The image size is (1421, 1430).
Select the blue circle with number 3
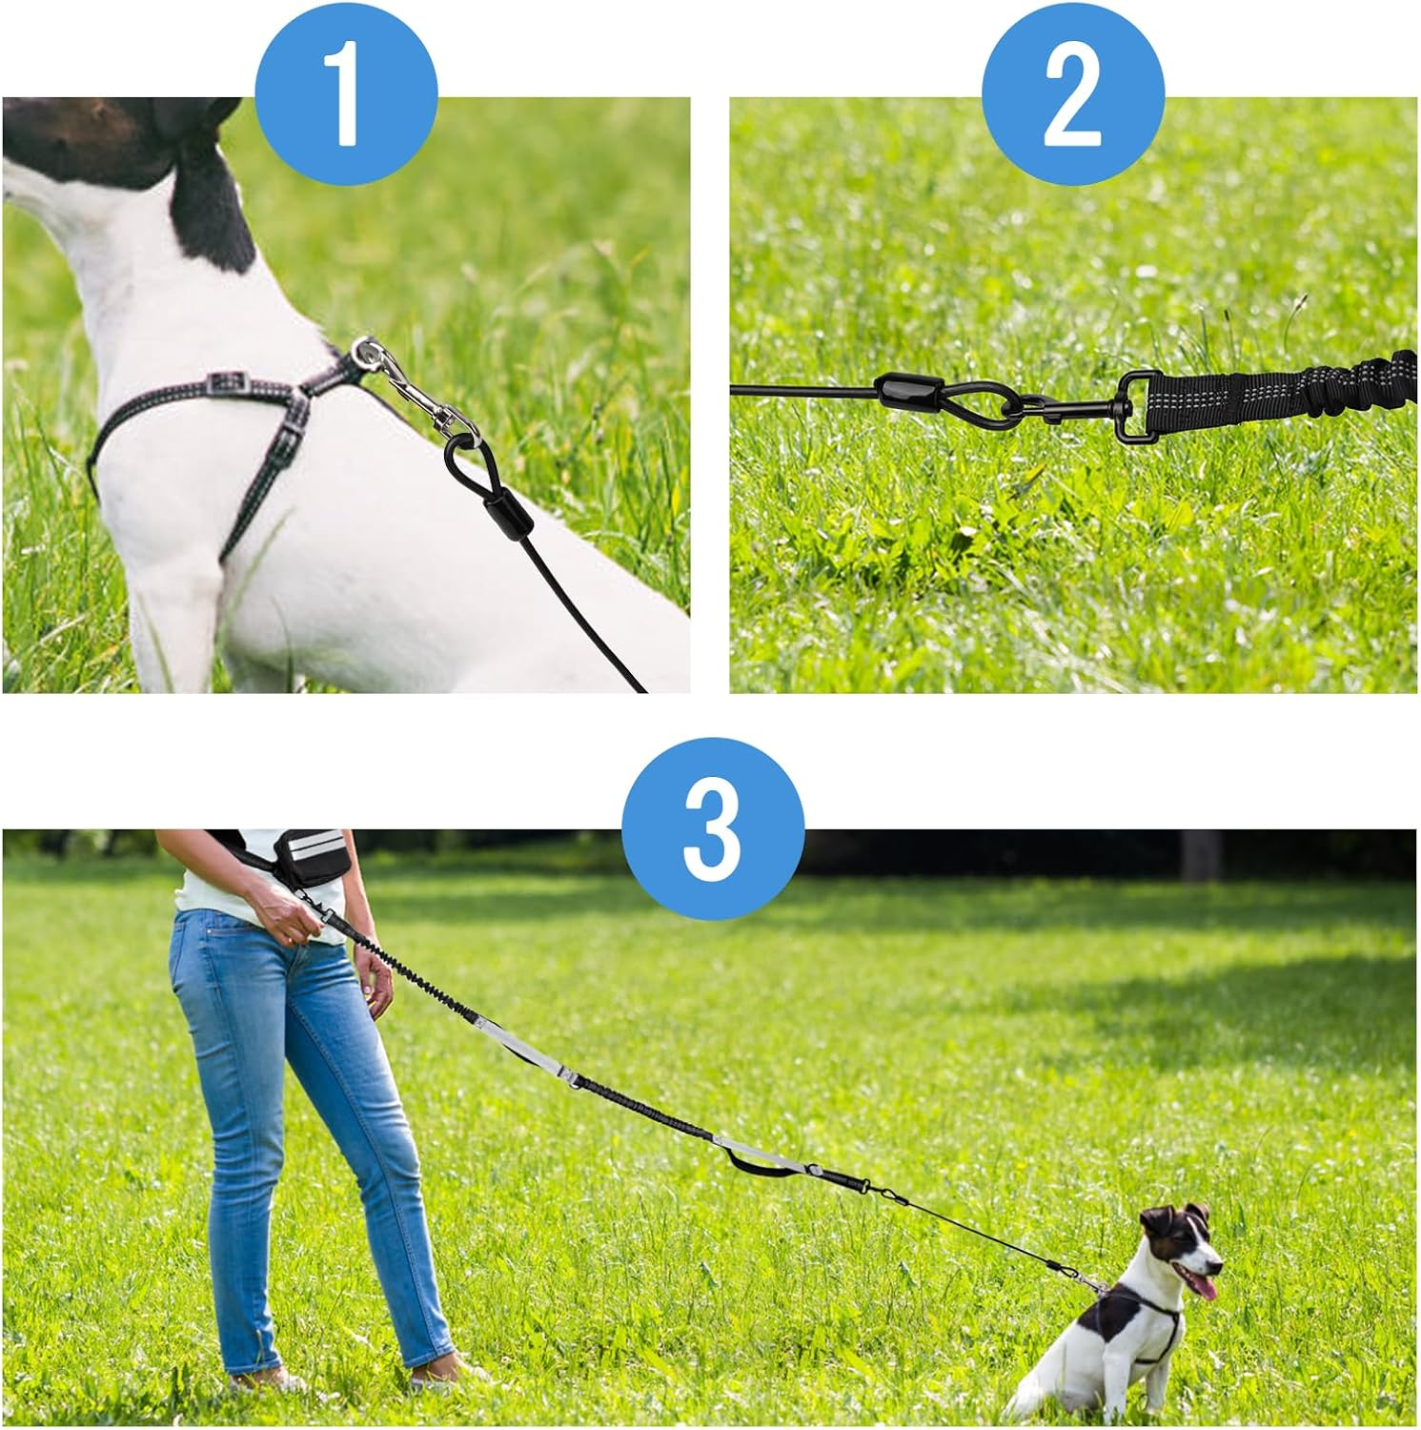(x=712, y=827)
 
